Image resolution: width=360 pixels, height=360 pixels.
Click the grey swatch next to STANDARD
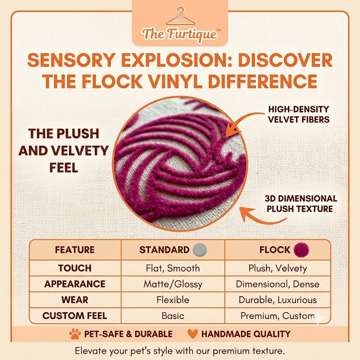point(200,250)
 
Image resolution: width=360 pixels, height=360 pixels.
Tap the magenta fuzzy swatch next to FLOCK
point(301,250)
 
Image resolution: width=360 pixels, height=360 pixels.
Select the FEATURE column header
point(75,250)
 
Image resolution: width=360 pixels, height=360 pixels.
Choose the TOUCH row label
point(75,268)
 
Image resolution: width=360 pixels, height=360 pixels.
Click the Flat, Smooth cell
point(173,268)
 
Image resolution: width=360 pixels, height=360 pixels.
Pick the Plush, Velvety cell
point(278,268)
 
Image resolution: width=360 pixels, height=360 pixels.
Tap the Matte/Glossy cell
point(173,284)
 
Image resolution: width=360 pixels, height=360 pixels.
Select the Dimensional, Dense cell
point(278,284)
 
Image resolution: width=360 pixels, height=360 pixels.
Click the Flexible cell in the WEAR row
point(173,300)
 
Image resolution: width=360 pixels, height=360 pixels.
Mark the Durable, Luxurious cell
point(278,300)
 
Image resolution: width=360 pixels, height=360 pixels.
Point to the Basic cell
point(173,316)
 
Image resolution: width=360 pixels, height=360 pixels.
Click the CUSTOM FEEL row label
point(75,316)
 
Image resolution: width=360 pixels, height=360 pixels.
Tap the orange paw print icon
point(75,334)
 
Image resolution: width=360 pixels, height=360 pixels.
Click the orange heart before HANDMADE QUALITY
point(192,334)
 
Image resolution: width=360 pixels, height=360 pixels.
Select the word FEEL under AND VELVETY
point(64,168)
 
